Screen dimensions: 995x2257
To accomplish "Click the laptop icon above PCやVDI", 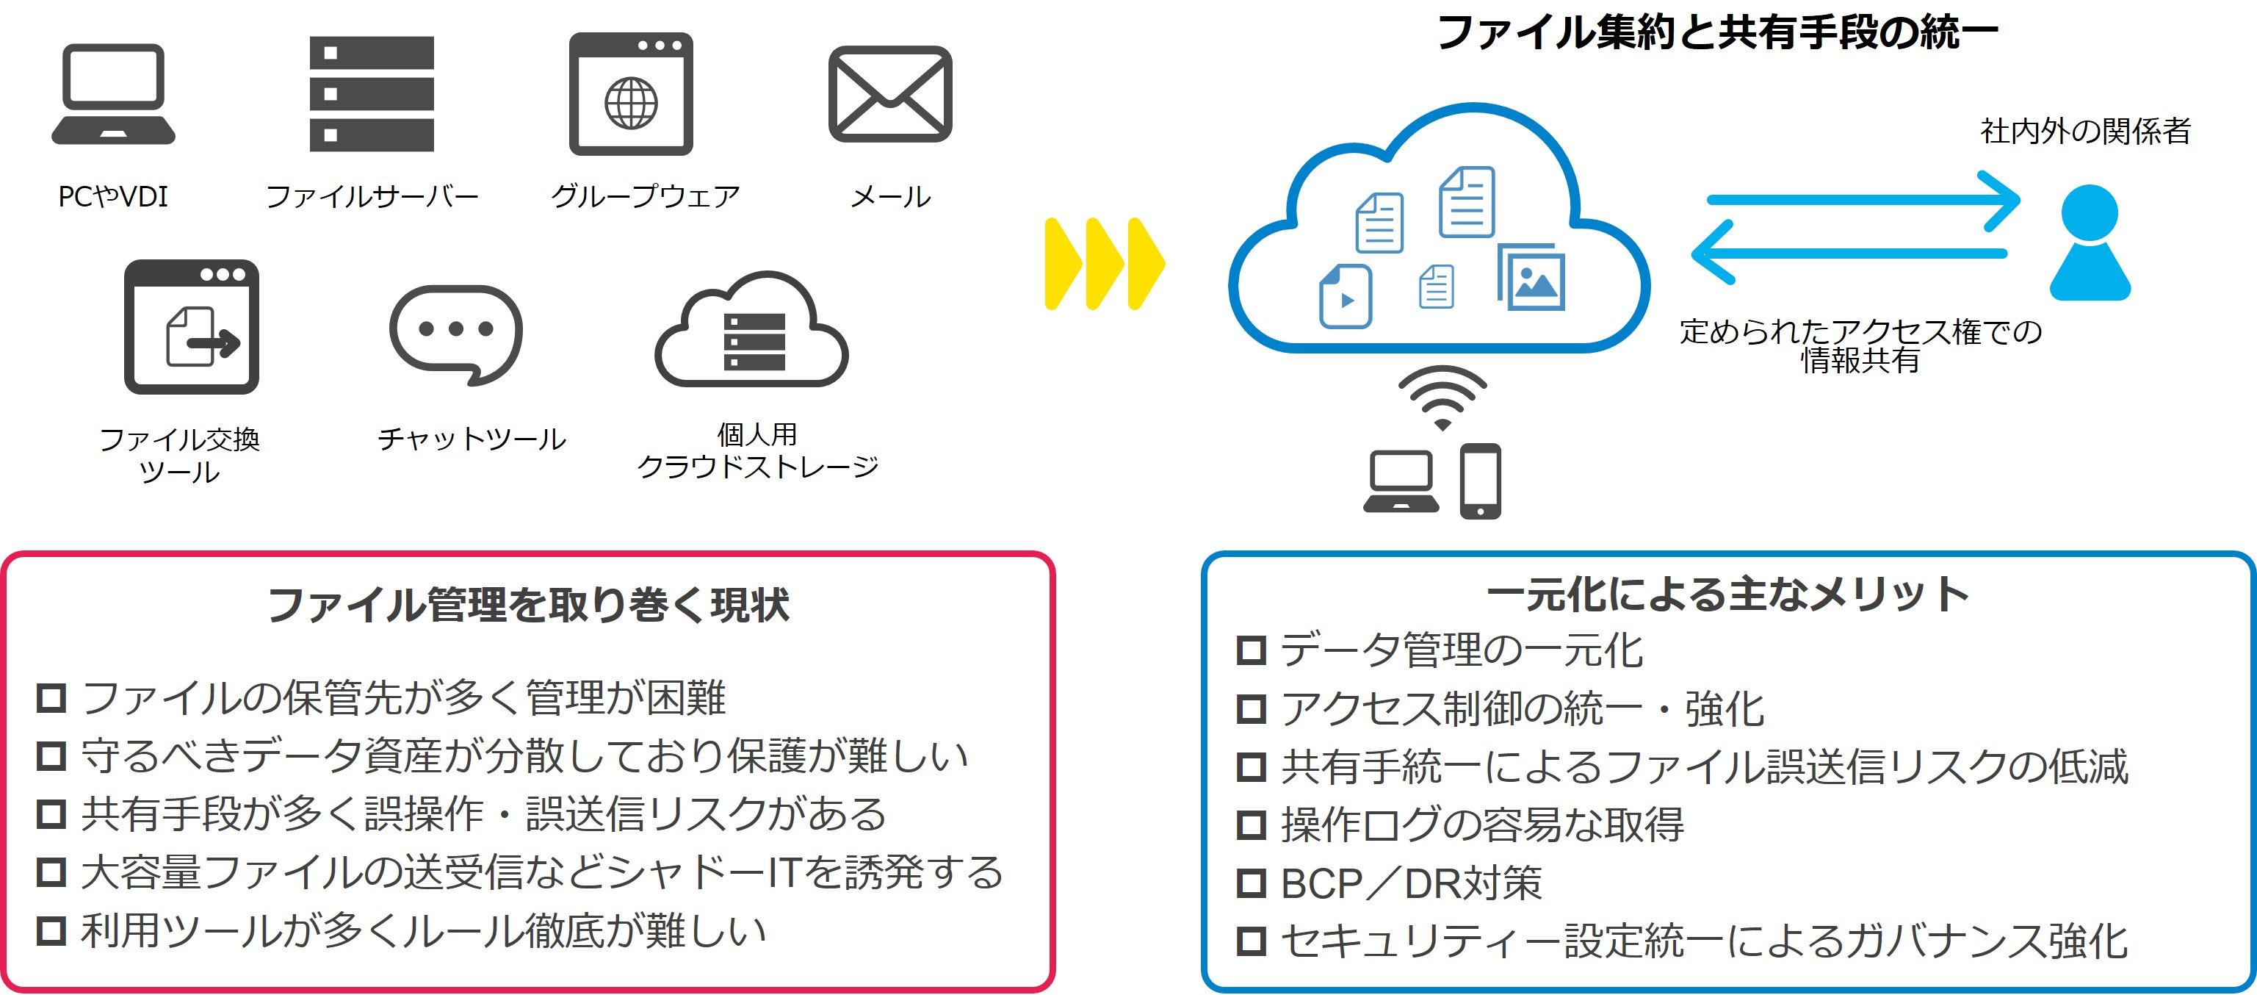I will coord(113,94).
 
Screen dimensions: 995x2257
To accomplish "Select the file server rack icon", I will coord(372,94).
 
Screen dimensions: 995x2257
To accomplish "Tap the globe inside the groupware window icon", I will coord(631,103).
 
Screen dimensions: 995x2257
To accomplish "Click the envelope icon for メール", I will coord(890,94).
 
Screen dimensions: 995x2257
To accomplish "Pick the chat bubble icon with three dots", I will coord(455,333).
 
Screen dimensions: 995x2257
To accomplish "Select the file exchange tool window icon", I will coord(192,326).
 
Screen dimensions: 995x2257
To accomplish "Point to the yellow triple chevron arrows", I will coord(1104,263).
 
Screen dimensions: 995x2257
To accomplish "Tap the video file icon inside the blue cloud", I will coord(1345,296).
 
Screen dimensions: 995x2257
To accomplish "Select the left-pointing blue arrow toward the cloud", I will coord(1849,253).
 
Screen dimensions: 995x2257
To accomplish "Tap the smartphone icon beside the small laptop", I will coord(1480,481).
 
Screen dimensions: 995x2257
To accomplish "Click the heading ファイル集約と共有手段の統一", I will coord(1717,33).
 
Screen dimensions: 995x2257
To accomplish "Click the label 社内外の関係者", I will coord(2085,132).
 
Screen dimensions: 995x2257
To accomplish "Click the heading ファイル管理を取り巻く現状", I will coord(528,605).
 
